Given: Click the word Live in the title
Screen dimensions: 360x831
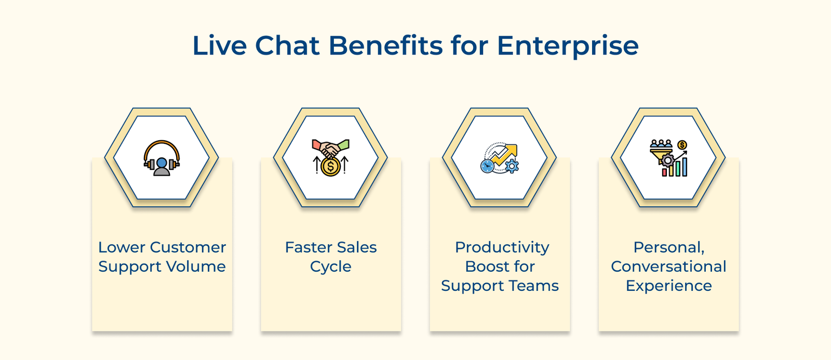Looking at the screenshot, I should [x=218, y=46].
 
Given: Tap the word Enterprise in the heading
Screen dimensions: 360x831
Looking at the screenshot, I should [x=568, y=46].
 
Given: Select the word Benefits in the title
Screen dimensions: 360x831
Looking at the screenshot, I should [x=386, y=46].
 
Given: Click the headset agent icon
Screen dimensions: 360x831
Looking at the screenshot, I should [x=162, y=158].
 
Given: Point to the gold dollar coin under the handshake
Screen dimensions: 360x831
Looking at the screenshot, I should [x=330, y=167].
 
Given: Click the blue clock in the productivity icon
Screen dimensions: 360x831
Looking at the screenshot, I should [x=487, y=166].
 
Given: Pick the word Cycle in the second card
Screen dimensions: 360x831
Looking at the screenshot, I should [x=330, y=266].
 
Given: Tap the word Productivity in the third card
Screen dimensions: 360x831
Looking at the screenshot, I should [x=502, y=247].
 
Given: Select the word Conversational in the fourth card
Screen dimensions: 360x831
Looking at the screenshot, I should [x=668, y=266].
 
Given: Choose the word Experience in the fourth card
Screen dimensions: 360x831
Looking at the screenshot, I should [x=668, y=286].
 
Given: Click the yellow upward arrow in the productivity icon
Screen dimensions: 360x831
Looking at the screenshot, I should [x=506, y=153].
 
